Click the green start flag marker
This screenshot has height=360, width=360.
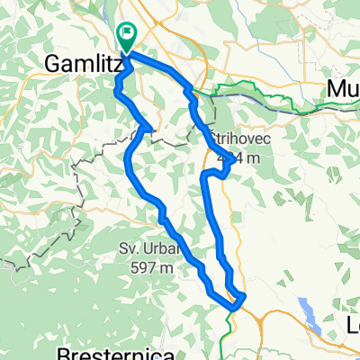(127, 36)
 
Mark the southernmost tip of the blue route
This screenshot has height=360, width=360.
(232, 308)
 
